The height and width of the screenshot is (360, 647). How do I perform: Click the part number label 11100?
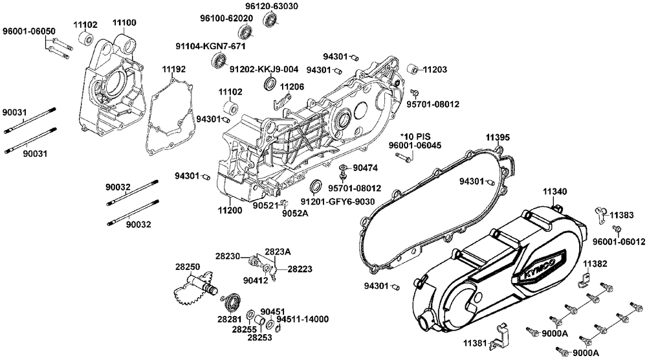click(x=124, y=23)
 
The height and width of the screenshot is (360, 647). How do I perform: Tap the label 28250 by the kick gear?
click(x=188, y=266)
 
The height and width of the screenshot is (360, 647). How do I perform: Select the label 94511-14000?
click(x=302, y=319)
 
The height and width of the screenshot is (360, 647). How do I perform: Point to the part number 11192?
click(x=173, y=68)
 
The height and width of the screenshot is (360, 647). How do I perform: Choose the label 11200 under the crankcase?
click(x=230, y=210)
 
